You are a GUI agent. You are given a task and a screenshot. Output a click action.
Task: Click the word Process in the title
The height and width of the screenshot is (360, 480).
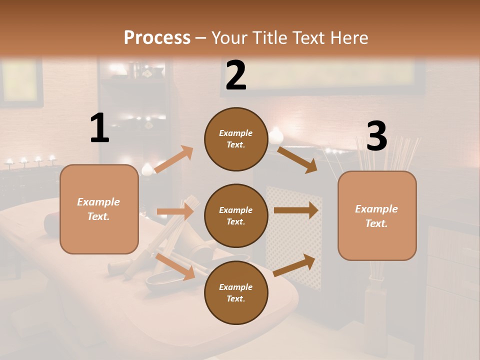157,37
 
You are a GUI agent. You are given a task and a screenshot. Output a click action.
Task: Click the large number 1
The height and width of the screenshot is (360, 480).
99,128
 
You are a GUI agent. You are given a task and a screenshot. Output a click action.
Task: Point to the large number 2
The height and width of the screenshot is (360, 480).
236,75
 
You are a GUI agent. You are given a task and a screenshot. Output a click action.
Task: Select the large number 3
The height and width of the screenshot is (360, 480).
376,136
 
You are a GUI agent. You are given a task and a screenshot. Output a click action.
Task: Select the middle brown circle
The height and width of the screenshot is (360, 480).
236,216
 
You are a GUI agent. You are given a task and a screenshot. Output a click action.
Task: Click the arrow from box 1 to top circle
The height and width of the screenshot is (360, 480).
173,159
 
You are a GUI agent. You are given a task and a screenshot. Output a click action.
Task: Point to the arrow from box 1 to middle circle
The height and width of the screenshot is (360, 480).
175,211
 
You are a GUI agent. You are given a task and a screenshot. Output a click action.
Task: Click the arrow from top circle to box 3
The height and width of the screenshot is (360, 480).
297,159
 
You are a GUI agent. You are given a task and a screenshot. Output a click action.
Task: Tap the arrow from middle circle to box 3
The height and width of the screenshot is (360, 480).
295,210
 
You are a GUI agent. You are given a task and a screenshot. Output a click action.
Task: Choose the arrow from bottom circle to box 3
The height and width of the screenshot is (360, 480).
294,265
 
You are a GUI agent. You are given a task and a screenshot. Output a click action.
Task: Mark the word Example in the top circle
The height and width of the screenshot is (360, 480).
236,133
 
